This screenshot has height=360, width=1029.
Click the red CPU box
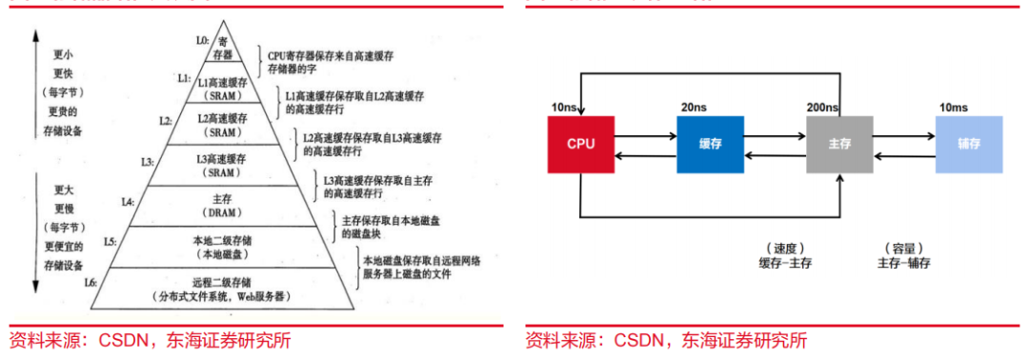pyautogui.click(x=581, y=144)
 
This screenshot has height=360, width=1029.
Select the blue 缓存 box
pyautogui.click(x=710, y=144)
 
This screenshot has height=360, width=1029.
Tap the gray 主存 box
pyautogui.click(x=839, y=144)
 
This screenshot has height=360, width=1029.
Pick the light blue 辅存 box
pyautogui.click(x=969, y=144)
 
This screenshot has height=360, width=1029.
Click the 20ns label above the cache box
pyautogui.click(x=693, y=109)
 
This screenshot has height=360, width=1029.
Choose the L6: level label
pyautogui.click(x=91, y=282)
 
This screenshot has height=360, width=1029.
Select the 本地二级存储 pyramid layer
pyautogui.click(x=220, y=247)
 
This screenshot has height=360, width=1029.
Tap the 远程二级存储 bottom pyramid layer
pyautogui.click(x=220, y=289)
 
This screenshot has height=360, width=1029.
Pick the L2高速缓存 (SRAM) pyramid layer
pyautogui.click(x=220, y=125)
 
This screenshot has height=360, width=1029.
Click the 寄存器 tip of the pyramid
pyautogui.click(x=224, y=49)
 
